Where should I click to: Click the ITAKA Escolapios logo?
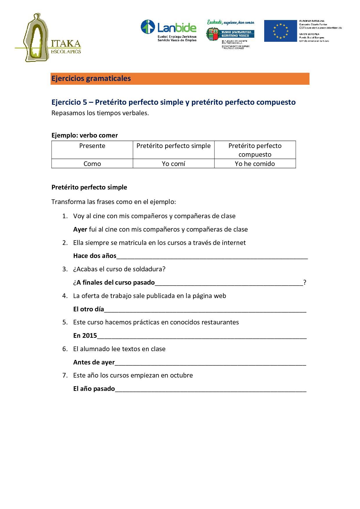(48, 38)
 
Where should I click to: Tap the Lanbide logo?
(168, 30)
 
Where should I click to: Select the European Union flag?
(280, 31)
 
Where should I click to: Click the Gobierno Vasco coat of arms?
(212, 34)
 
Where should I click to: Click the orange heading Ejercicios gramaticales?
(91, 79)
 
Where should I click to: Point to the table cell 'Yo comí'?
(174, 164)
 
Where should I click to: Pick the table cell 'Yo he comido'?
(255, 164)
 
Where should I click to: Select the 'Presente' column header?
(92, 146)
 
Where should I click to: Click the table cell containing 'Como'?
(92, 164)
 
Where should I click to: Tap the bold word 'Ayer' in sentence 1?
(80, 230)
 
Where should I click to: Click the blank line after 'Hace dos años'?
(212, 257)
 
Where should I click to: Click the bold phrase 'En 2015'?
(85, 336)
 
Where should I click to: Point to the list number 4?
(65, 296)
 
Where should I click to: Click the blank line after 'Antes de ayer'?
(210, 363)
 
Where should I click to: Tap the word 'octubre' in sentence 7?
(182, 376)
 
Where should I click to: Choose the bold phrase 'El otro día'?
(89, 309)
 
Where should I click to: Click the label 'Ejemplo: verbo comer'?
(84, 136)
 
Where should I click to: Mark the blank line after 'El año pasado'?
(210, 389)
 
